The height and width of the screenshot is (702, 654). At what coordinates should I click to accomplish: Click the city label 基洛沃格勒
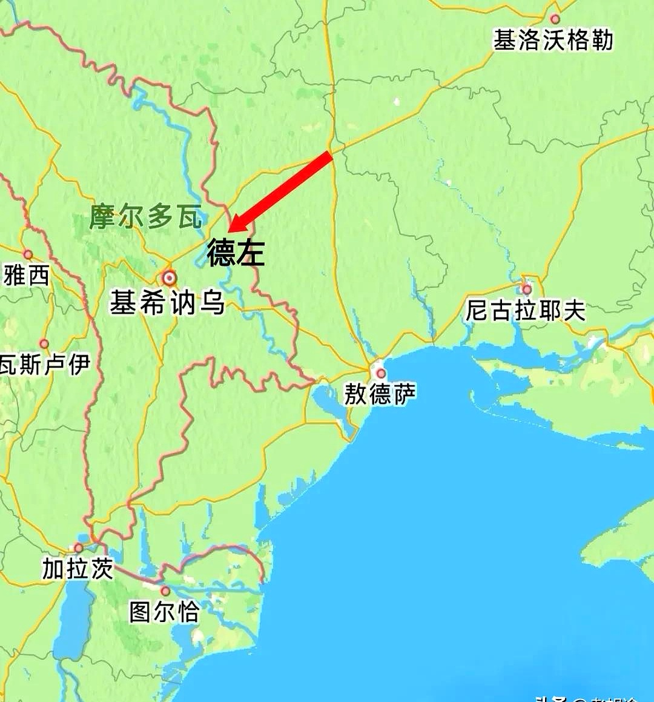click(x=553, y=41)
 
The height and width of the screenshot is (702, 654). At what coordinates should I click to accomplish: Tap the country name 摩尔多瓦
click(x=146, y=216)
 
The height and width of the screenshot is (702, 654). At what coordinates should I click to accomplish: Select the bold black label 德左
click(x=236, y=252)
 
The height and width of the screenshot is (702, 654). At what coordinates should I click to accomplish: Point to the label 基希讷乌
click(x=167, y=302)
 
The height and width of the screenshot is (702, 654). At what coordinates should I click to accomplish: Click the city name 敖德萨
click(x=380, y=394)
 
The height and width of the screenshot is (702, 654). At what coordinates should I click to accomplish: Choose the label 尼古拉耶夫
click(x=526, y=310)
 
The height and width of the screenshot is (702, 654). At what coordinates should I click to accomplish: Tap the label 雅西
click(x=25, y=276)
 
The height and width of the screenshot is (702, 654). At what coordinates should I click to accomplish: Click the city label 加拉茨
click(x=78, y=569)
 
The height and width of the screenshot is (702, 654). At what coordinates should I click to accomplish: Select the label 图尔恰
click(x=164, y=612)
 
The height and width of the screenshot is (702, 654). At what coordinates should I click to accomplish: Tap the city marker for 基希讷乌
click(x=169, y=278)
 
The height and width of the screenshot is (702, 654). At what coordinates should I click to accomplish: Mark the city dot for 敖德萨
click(x=381, y=373)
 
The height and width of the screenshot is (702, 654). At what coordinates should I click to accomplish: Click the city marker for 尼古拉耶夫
click(x=527, y=290)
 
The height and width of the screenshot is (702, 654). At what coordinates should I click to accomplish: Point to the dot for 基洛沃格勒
click(x=555, y=19)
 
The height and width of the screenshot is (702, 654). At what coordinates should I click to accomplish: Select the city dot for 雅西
click(x=28, y=254)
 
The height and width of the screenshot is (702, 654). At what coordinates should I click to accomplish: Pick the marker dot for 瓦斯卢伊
click(x=44, y=344)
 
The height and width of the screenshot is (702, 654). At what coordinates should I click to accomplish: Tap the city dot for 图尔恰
click(x=165, y=591)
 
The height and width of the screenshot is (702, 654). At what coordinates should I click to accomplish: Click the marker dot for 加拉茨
click(x=79, y=548)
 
